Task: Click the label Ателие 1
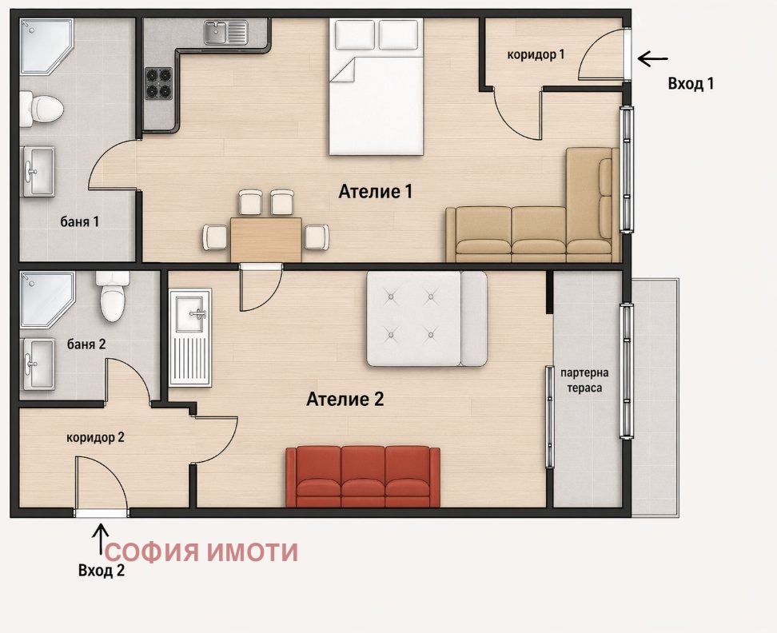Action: point(376,192)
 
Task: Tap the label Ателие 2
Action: point(345,400)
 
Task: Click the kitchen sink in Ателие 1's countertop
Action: point(225,33)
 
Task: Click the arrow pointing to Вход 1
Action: point(653,58)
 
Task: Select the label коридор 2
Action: point(95,437)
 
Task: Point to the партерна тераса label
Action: point(586,380)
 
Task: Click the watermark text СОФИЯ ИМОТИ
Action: point(201,552)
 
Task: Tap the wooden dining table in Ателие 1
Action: point(266,238)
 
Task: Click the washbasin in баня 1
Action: point(38,170)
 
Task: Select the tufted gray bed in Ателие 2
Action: point(426,318)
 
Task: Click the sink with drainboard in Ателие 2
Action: point(190,336)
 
